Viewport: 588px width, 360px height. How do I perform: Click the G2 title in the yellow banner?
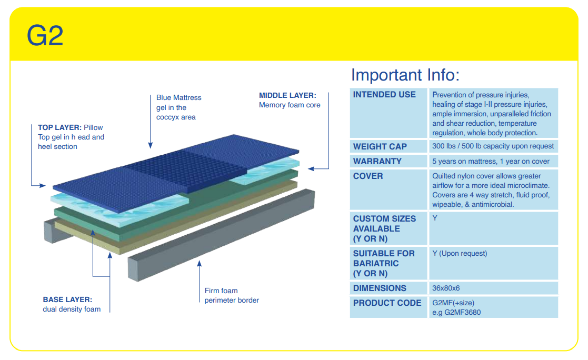coord(45,36)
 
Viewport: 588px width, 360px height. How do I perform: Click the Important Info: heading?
coord(405,75)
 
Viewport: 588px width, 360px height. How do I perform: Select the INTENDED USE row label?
coord(384,95)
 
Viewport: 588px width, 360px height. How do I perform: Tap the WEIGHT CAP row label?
coord(380,146)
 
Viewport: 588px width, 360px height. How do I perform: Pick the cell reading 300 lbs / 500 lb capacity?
coord(493,146)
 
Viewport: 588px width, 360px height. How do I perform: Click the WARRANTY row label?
coord(377,161)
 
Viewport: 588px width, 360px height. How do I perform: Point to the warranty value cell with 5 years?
coord(491,161)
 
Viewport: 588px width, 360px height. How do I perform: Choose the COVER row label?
coord(368,176)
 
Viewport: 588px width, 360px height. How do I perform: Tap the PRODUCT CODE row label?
coord(387,303)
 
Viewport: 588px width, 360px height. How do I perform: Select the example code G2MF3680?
coord(456,312)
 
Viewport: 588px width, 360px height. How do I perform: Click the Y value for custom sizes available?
coord(435,218)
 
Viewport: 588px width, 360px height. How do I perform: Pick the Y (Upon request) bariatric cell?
coord(460,253)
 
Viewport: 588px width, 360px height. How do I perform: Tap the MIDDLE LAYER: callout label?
coord(287,95)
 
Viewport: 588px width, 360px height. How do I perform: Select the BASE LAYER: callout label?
coord(67,299)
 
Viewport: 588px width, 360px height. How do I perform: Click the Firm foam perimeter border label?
coord(232,295)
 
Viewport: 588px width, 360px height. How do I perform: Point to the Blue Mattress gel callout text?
coord(178,107)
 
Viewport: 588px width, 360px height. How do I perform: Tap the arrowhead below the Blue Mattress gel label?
coord(151,146)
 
